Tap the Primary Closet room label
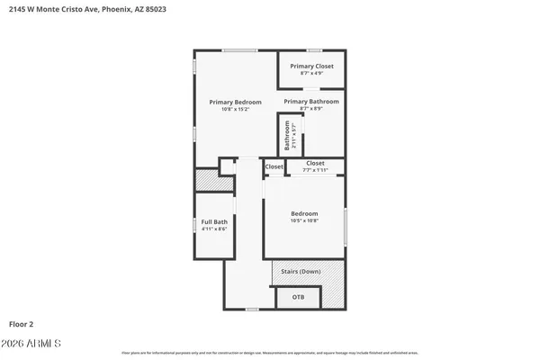tap(311, 67)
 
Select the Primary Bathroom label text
tap(311, 102)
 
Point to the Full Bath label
tap(214, 221)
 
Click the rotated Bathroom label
tap(288, 136)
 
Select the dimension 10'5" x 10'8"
tap(304, 220)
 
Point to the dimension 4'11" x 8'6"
tap(214, 229)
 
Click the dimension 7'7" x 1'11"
tap(315, 170)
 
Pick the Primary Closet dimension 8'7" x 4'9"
tap(311, 74)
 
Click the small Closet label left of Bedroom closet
tap(274, 166)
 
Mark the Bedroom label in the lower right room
tap(304, 213)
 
